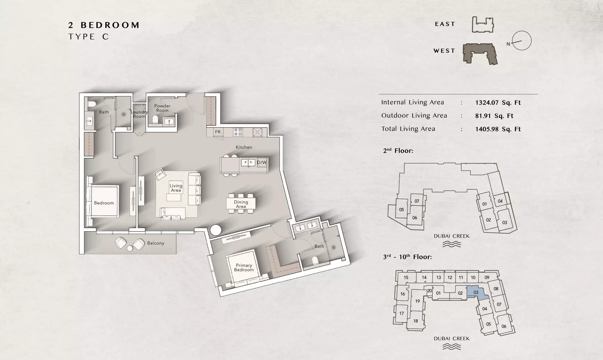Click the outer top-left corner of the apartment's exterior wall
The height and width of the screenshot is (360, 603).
click(79, 93)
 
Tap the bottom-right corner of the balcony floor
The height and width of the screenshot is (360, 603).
click(176, 254)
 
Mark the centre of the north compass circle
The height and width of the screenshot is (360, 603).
click(522, 41)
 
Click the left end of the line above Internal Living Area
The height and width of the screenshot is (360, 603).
click(379, 94)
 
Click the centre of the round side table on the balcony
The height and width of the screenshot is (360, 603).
click(130, 248)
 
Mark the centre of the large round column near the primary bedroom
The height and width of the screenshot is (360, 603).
click(215, 230)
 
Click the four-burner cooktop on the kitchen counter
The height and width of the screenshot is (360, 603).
click(238, 132)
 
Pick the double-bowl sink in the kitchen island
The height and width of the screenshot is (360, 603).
click(248, 162)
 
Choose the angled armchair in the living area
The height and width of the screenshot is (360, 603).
click(160, 174)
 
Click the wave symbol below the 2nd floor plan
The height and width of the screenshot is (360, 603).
click(452, 244)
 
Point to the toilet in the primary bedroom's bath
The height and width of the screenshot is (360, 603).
click(315, 260)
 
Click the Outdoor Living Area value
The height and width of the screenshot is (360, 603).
click(494, 116)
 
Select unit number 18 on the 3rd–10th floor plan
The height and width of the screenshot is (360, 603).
click(416, 321)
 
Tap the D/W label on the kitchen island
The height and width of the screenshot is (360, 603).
click(262, 162)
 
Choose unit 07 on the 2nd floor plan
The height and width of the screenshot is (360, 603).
click(417, 201)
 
